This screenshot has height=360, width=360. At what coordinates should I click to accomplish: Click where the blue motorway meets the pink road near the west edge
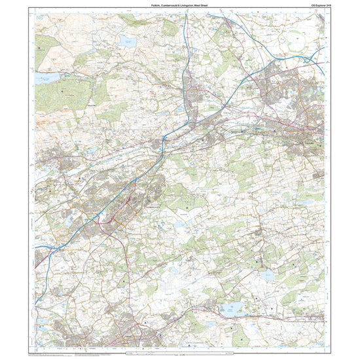[x=39, y=248]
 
